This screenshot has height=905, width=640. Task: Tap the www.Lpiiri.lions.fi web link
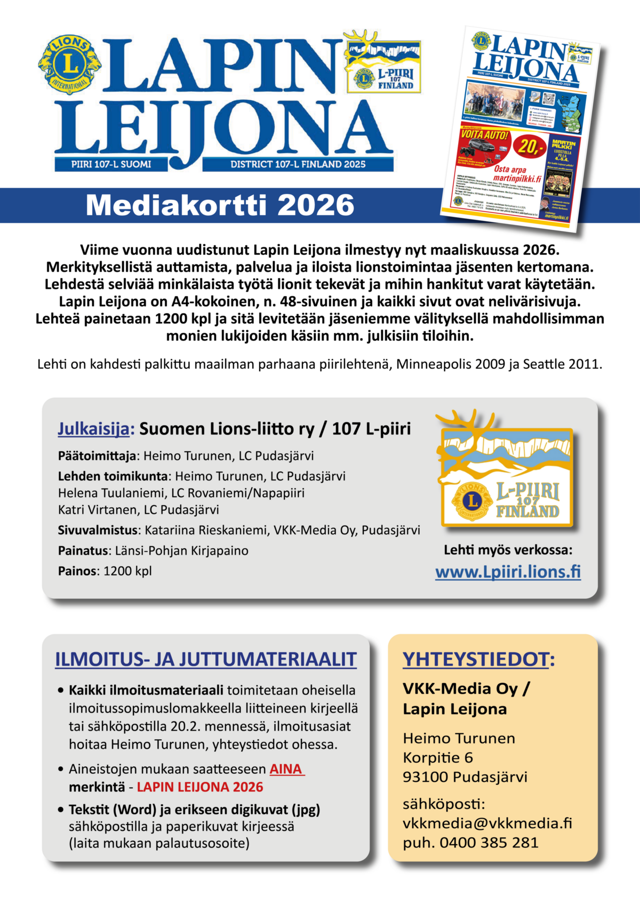508,572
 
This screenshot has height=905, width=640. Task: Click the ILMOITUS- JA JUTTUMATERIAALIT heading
206,659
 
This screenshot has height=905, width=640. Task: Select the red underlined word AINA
287,769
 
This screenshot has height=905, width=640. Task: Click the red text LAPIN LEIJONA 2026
200,787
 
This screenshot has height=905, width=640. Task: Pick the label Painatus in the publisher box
83,550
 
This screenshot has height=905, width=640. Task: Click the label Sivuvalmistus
98,530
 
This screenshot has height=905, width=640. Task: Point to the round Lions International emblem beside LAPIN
69,65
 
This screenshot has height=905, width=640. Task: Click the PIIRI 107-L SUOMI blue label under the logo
111,164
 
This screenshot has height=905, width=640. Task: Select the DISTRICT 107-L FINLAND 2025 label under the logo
298,164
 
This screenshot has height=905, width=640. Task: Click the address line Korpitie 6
438,757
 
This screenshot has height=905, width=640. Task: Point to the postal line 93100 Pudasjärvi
465,776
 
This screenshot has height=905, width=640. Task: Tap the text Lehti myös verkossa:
508,550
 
